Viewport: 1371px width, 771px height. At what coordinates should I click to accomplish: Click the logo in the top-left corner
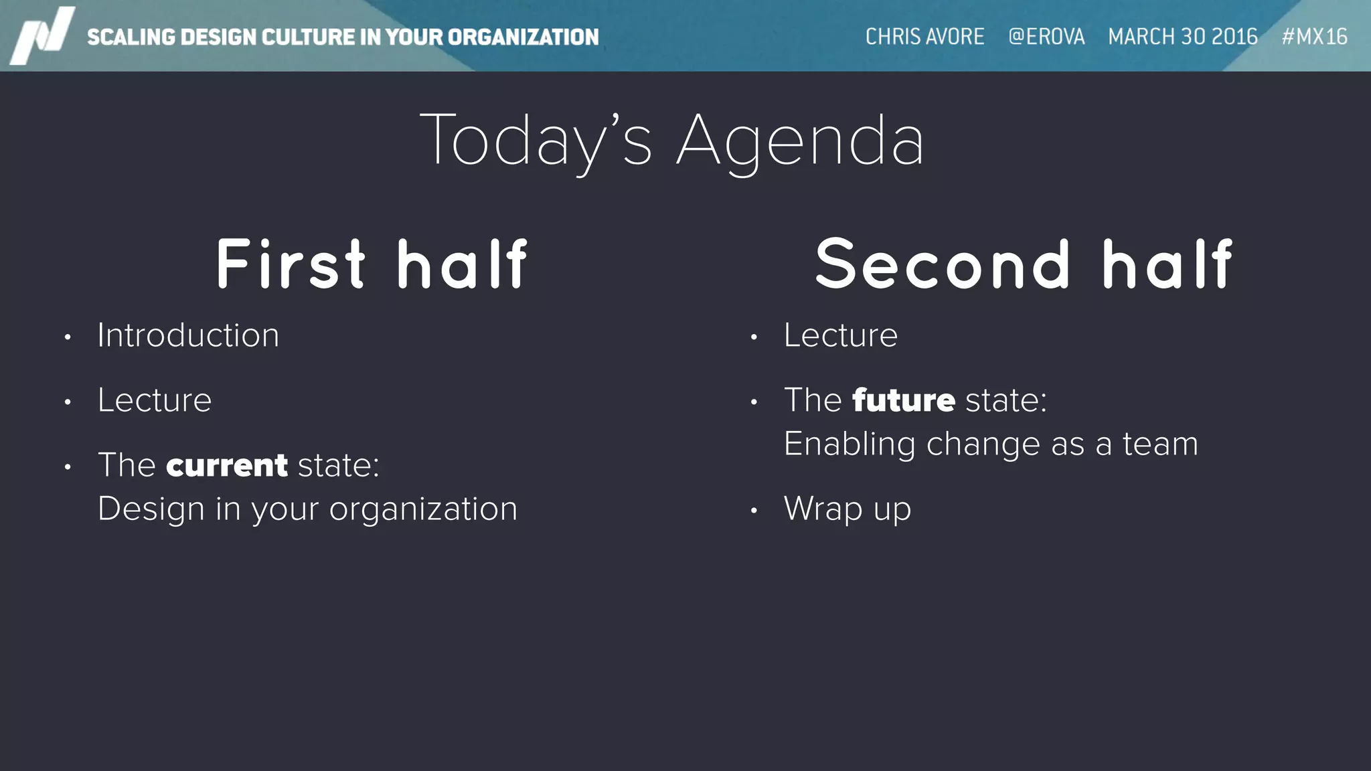click(x=42, y=35)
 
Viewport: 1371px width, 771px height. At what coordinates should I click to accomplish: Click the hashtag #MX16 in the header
click(x=1314, y=36)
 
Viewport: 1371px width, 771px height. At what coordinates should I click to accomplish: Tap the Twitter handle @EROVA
click(x=1046, y=36)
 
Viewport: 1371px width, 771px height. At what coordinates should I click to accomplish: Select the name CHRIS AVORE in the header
click(x=924, y=36)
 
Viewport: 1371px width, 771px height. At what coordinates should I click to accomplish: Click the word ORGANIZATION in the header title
click(x=523, y=37)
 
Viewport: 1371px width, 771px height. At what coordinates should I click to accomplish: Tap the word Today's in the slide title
click(x=536, y=141)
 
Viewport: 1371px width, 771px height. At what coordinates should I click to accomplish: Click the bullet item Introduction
click(x=188, y=335)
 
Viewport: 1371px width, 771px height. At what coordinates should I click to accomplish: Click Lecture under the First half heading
click(x=155, y=400)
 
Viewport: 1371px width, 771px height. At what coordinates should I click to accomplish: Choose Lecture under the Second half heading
click(x=841, y=335)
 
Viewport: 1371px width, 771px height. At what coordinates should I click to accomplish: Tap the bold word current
click(x=227, y=465)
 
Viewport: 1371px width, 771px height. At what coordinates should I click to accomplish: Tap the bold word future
click(x=904, y=400)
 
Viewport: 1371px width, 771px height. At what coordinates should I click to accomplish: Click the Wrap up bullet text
click(x=848, y=509)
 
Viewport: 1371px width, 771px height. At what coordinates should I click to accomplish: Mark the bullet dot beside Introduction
click(x=68, y=337)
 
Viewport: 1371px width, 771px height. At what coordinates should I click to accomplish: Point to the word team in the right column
click(x=1160, y=444)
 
